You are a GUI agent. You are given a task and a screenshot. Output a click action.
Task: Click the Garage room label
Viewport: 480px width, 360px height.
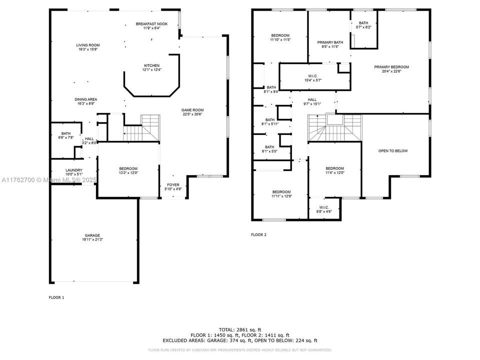point(92,237)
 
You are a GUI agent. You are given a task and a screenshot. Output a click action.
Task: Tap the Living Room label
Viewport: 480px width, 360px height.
point(87,47)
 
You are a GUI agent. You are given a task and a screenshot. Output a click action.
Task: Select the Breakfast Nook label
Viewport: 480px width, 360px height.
point(151,26)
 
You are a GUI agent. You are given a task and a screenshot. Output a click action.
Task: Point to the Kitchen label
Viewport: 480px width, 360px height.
point(151,67)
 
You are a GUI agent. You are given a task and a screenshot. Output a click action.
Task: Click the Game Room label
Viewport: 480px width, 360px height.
point(192,112)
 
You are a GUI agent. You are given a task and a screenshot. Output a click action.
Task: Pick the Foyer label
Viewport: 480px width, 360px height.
point(172,186)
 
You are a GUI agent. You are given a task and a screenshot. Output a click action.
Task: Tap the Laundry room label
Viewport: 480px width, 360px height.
point(73,172)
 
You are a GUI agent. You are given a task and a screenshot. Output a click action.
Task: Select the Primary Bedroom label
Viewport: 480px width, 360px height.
point(393,69)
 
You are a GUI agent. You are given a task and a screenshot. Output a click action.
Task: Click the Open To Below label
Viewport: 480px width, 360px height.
point(393,150)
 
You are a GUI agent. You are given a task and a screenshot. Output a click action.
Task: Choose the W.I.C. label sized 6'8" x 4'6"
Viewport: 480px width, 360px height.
point(323,209)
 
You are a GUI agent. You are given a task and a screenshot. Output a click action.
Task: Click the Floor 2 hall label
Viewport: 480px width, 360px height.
point(312,102)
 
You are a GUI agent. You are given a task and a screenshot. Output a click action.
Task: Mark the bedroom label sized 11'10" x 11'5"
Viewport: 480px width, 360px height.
point(280,37)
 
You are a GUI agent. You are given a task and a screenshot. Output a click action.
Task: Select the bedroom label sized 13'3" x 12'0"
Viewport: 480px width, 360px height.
point(128,170)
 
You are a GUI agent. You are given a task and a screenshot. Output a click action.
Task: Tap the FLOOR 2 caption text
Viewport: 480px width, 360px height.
point(258,234)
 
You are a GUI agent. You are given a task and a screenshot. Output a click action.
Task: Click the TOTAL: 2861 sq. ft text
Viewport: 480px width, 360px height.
point(240,329)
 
